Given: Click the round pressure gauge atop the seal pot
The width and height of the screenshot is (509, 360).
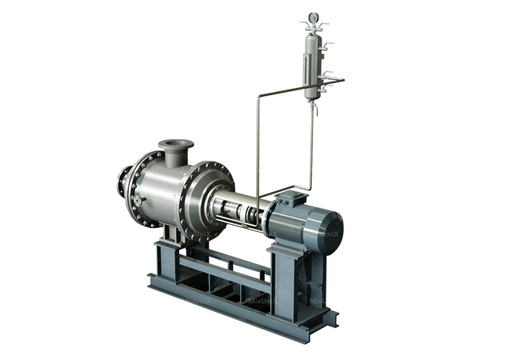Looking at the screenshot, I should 313,15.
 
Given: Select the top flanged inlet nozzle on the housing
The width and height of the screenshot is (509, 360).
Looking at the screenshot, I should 174,150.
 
